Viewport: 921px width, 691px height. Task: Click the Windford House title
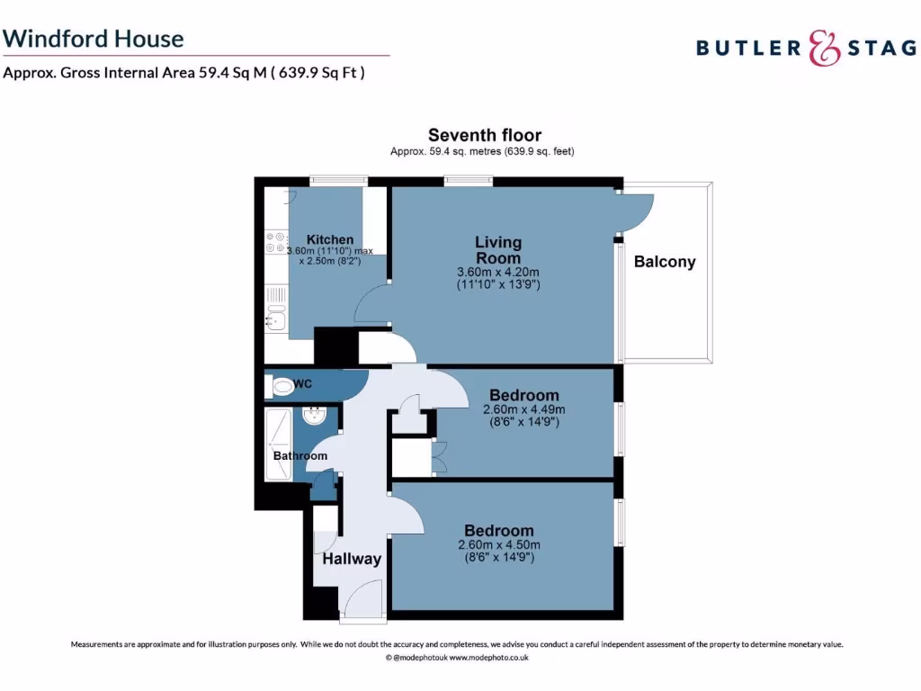[x=94, y=39]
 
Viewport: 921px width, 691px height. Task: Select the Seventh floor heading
[x=484, y=136]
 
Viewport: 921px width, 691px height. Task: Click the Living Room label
[x=498, y=250]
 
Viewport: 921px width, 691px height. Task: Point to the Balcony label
[x=665, y=262]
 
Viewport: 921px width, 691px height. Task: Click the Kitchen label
[x=329, y=239]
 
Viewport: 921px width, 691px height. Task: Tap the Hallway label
[x=352, y=559]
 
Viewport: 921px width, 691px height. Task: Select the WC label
[x=303, y=384]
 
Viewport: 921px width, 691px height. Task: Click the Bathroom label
[x=300, y=456]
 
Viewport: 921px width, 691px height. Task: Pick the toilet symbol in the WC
[x=282, y=387]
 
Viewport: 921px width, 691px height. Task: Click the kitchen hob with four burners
[x=274, y=243]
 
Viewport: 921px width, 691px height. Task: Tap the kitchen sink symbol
[x=275, y=319]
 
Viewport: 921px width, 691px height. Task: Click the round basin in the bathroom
[x=315, y=417]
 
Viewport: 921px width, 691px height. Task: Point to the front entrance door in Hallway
[x=364, y=598]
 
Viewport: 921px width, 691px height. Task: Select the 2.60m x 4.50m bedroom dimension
[x=498, y=544]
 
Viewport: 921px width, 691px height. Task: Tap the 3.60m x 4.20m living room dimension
[x=498, y=272]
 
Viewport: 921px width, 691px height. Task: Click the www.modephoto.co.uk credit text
[x=488, y=658]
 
